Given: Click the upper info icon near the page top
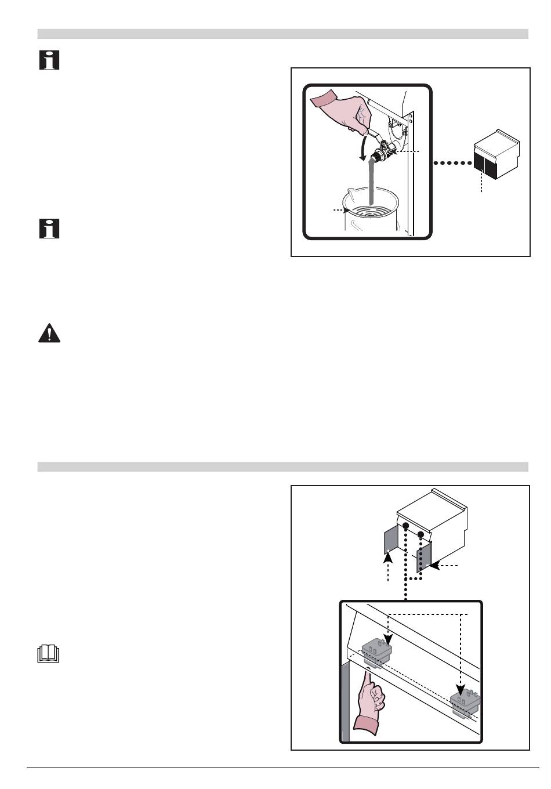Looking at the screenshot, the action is coord(49,60).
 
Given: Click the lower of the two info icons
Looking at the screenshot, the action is coord(49,229).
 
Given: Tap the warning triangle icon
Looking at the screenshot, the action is coord(49,334).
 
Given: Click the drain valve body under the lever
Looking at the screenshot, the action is coord(382,153).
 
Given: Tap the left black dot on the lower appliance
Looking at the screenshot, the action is coord(406,526).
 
